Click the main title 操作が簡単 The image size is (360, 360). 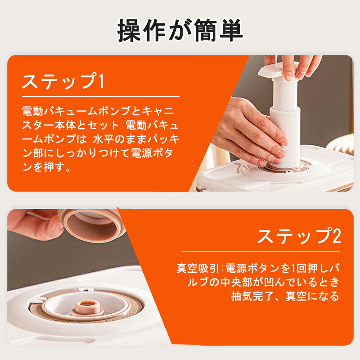click(180, 31)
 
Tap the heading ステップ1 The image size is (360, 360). click(63, 81)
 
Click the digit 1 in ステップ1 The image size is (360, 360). click(101, 81)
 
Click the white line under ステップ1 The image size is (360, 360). click(100, 96)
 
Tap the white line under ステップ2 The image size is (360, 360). click(261, 252)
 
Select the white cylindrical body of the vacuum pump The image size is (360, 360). click(285, 121)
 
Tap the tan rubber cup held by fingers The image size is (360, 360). click(92, 225)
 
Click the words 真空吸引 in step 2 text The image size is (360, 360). click(198, 268)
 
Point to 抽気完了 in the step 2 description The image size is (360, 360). click(253, 296)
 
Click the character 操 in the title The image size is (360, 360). click(129, 31)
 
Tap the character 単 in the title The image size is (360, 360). click(231, 31)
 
